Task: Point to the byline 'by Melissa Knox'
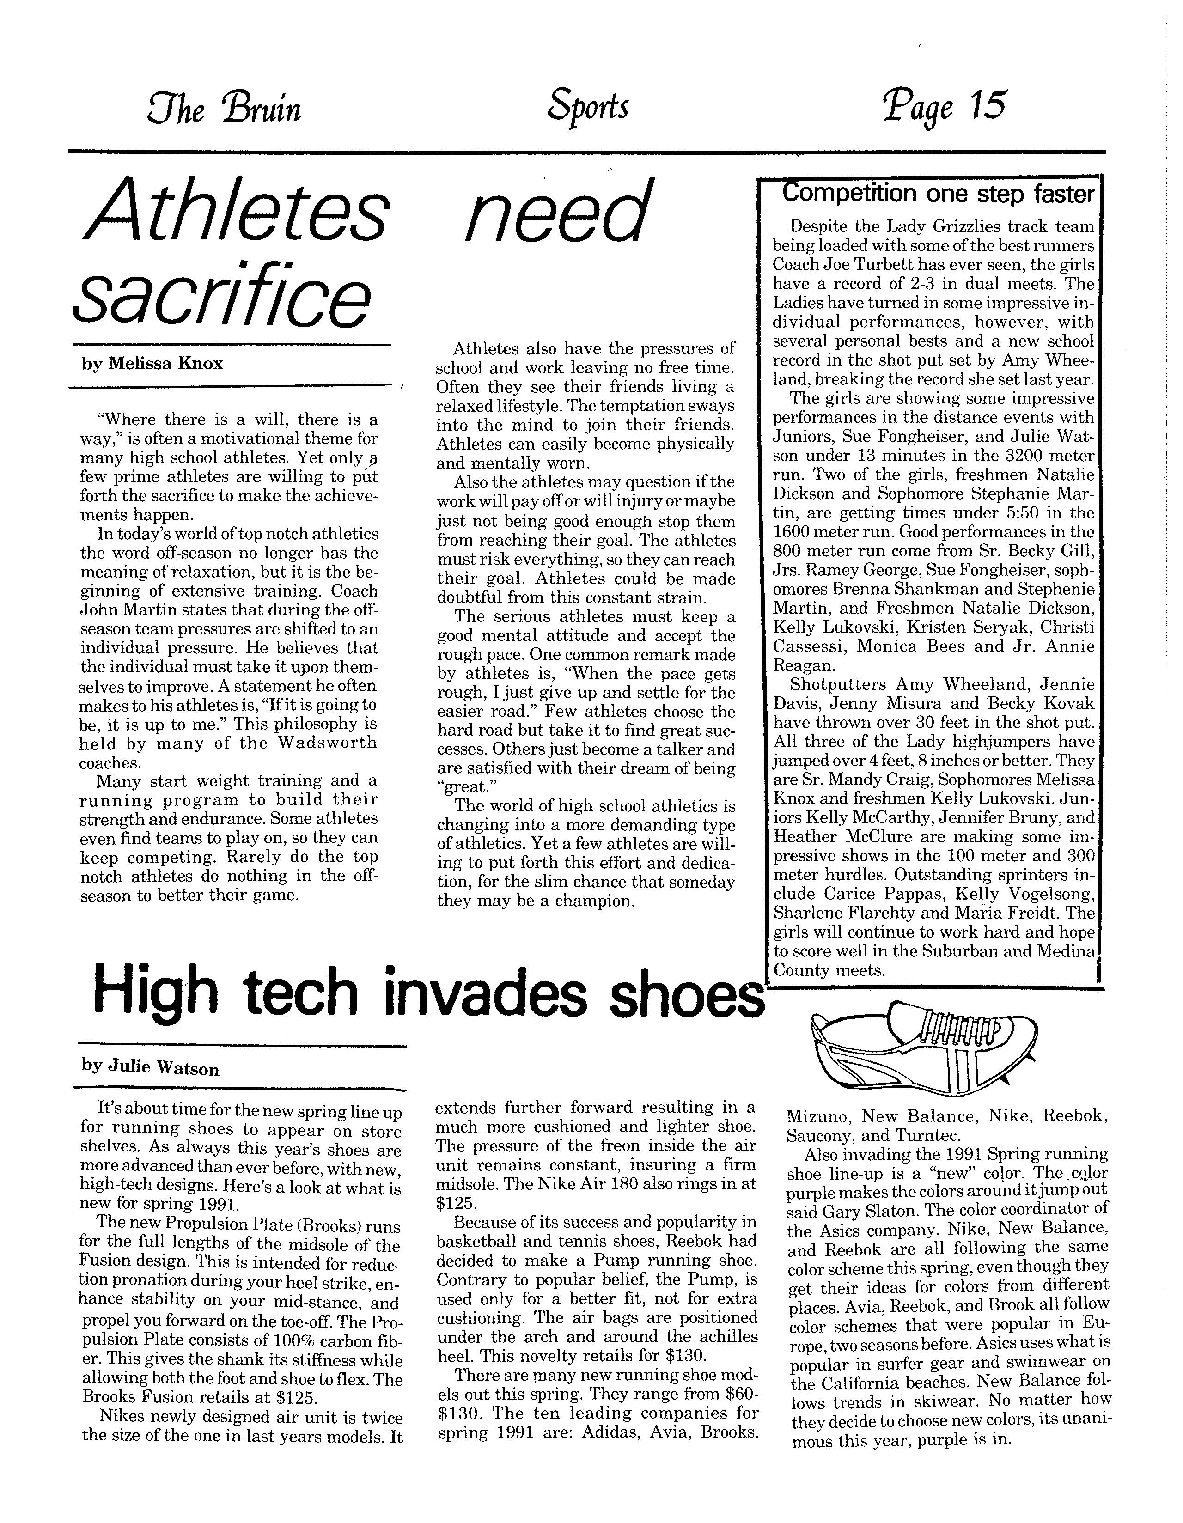click(x=152, y=364)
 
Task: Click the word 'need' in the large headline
click(x=558, y=210)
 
